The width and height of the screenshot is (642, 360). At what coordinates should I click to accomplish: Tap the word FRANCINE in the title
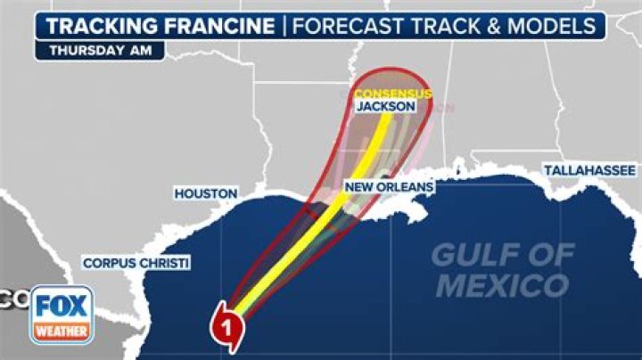point(219,25)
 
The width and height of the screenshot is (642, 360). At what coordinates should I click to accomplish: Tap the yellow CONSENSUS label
point(392,93)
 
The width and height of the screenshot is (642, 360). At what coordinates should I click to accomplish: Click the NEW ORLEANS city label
point(389,187)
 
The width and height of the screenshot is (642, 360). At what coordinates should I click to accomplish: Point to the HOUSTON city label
point(206,192)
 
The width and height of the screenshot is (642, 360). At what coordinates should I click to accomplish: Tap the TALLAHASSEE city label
point(589,170)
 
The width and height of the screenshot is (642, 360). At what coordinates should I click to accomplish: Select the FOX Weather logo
point(62,315)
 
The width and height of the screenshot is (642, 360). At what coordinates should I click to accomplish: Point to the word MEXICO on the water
point(502,287)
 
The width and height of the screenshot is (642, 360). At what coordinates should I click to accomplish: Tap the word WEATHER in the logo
point(62,331)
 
